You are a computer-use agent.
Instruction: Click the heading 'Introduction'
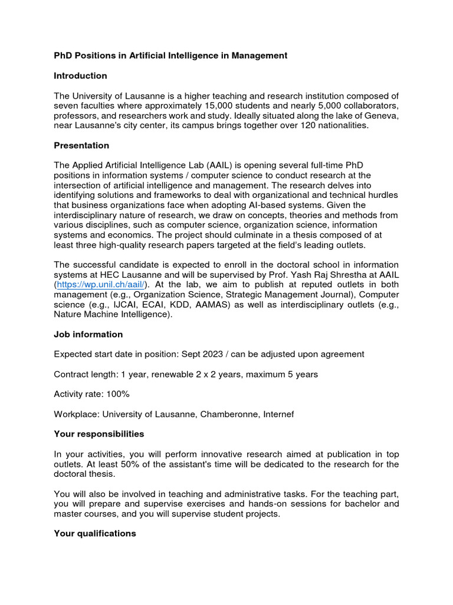[x=80, y=76]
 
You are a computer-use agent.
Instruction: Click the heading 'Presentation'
[x=81, y=145]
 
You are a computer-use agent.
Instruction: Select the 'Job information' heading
[x=88, y=334]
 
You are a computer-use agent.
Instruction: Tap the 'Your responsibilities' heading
[x=99, y=434]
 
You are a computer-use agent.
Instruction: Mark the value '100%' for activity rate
[x=118, y=394]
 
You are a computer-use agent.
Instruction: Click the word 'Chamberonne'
[x=228, y=414]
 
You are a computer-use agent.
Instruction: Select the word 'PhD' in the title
[x=63, y=56]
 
